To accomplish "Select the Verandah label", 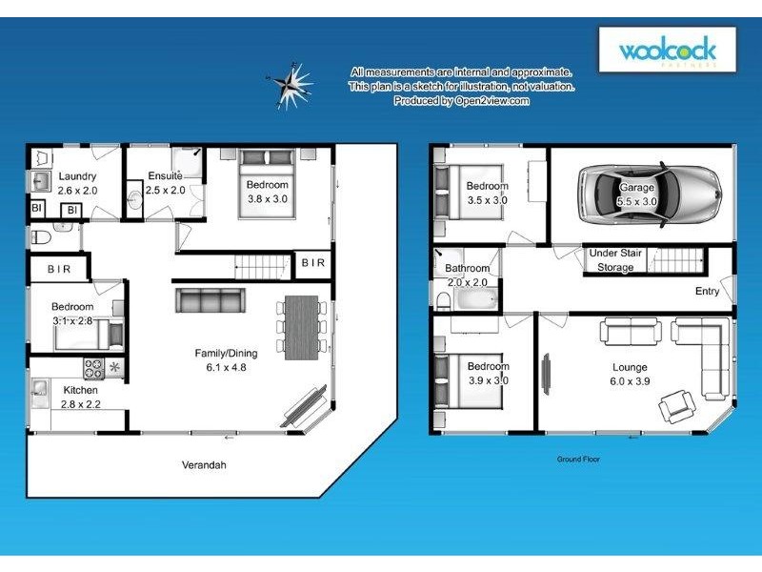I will coord(204,466).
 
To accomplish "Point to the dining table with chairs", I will coord(299,327).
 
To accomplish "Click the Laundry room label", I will coord(75,176).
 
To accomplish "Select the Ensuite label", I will coord(164,176).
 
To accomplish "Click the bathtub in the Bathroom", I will coord(474,300).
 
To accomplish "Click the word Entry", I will coord(707,292).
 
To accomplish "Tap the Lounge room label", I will coord(630,368).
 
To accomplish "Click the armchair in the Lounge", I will coord(677,408).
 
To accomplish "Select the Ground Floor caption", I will coord(578,460).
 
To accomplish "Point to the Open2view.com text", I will coord(491,100).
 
